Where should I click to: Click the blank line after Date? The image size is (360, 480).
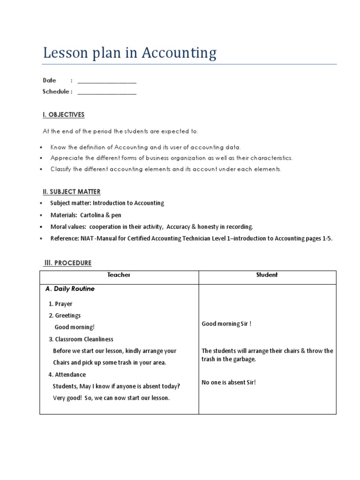coord(107,82)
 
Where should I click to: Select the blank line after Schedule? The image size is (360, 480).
coord(107,93)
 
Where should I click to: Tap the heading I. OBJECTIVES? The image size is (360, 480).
coord(63,115)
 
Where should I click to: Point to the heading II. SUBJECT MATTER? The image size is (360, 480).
coord(71,192)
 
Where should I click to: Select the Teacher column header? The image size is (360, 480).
coord(119,275)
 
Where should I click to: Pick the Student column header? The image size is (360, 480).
coord(267,275)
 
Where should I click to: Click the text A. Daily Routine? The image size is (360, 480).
coord(70,289)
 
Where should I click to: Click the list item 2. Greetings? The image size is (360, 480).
coord(65,316)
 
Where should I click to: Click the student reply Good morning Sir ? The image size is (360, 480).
coord(226,324)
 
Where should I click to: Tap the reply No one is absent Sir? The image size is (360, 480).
coord(229,382)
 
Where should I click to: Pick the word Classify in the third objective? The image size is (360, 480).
coord(61,170)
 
